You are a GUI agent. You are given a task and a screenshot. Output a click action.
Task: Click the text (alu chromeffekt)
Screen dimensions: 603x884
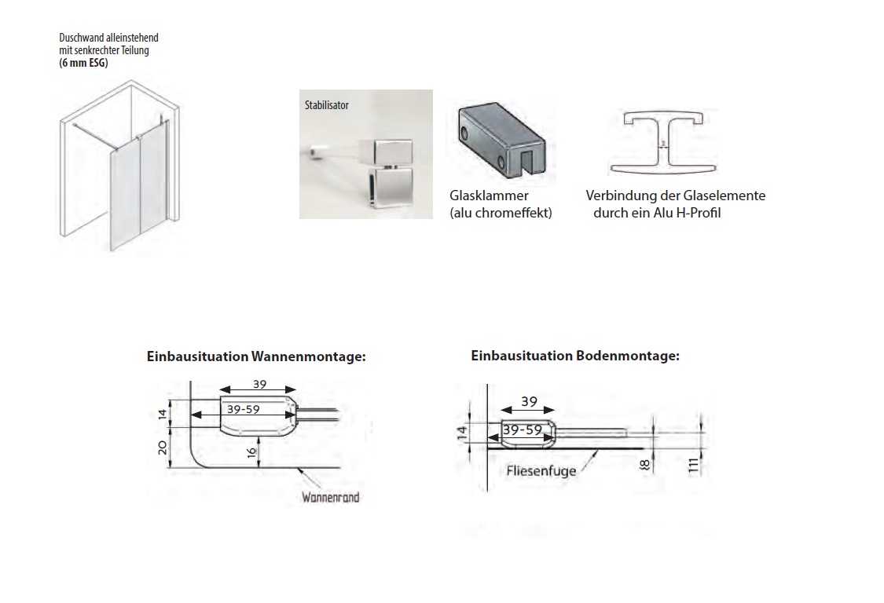click(500, 213)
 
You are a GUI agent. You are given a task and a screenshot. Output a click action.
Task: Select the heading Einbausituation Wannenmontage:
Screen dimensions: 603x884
click(256, 356)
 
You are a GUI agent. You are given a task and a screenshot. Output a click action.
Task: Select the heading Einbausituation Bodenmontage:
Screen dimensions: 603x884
click(574, 356)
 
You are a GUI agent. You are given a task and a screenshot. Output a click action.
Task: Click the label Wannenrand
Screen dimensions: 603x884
click(330, 498)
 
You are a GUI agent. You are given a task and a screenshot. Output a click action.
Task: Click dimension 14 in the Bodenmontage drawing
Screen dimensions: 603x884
click(462, 430)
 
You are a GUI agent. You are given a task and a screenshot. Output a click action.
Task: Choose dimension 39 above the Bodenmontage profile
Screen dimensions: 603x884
click(528, 402)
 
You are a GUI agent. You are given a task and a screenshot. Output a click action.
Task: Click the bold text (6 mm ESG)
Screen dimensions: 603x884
click(84, 64)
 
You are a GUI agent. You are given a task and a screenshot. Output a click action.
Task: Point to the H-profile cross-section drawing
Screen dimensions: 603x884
click(664, 142)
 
